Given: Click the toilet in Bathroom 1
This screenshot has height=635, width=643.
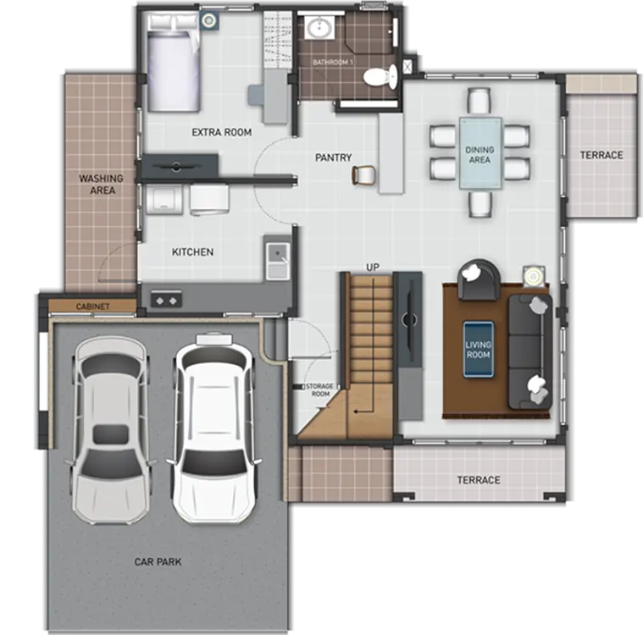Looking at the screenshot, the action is coord(380,77).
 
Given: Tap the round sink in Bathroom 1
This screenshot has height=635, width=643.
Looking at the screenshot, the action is coord(320,28).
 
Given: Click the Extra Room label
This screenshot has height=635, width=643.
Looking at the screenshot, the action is coord(221,132).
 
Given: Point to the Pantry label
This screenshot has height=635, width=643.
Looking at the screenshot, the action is coord(334,157).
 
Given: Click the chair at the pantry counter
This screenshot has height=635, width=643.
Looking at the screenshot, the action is coord(363,175).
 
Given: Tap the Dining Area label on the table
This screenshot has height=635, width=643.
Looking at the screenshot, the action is coord(479,155).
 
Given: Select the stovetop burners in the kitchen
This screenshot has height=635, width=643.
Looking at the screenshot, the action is coord(166,300).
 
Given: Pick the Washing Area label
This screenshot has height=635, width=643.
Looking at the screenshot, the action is coord(102,184).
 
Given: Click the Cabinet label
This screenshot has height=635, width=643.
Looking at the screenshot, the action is coord(92,306).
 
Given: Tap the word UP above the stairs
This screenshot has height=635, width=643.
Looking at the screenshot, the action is coord(373,268).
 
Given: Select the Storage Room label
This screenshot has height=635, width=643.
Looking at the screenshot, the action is coord(320,389).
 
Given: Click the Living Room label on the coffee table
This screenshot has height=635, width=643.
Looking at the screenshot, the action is coord(478,350).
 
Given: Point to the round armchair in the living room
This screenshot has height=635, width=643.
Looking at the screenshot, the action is coord(479,279).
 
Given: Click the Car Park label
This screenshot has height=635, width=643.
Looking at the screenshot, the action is coord(158,561).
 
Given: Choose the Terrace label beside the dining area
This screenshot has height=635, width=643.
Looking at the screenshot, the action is coord(601,155).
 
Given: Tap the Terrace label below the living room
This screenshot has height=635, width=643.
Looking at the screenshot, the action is coord(479,480).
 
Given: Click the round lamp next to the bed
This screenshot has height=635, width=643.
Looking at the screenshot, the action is coord(209,20).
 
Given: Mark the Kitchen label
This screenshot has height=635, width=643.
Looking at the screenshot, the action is coord(193,252).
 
